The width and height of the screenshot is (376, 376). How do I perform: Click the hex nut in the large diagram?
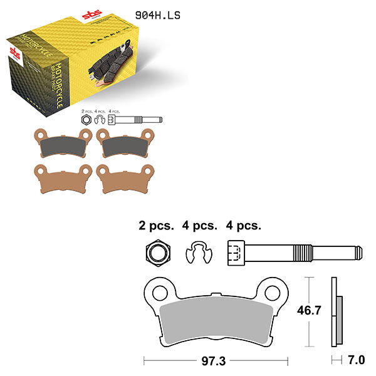(153, 253)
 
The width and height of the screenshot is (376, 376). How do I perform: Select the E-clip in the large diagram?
(199, 253)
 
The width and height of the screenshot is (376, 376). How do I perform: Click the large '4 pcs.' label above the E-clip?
(199, 225)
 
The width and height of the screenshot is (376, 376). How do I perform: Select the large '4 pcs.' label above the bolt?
(243, 225)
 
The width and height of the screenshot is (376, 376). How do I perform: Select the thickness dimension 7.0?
(356, 360)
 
